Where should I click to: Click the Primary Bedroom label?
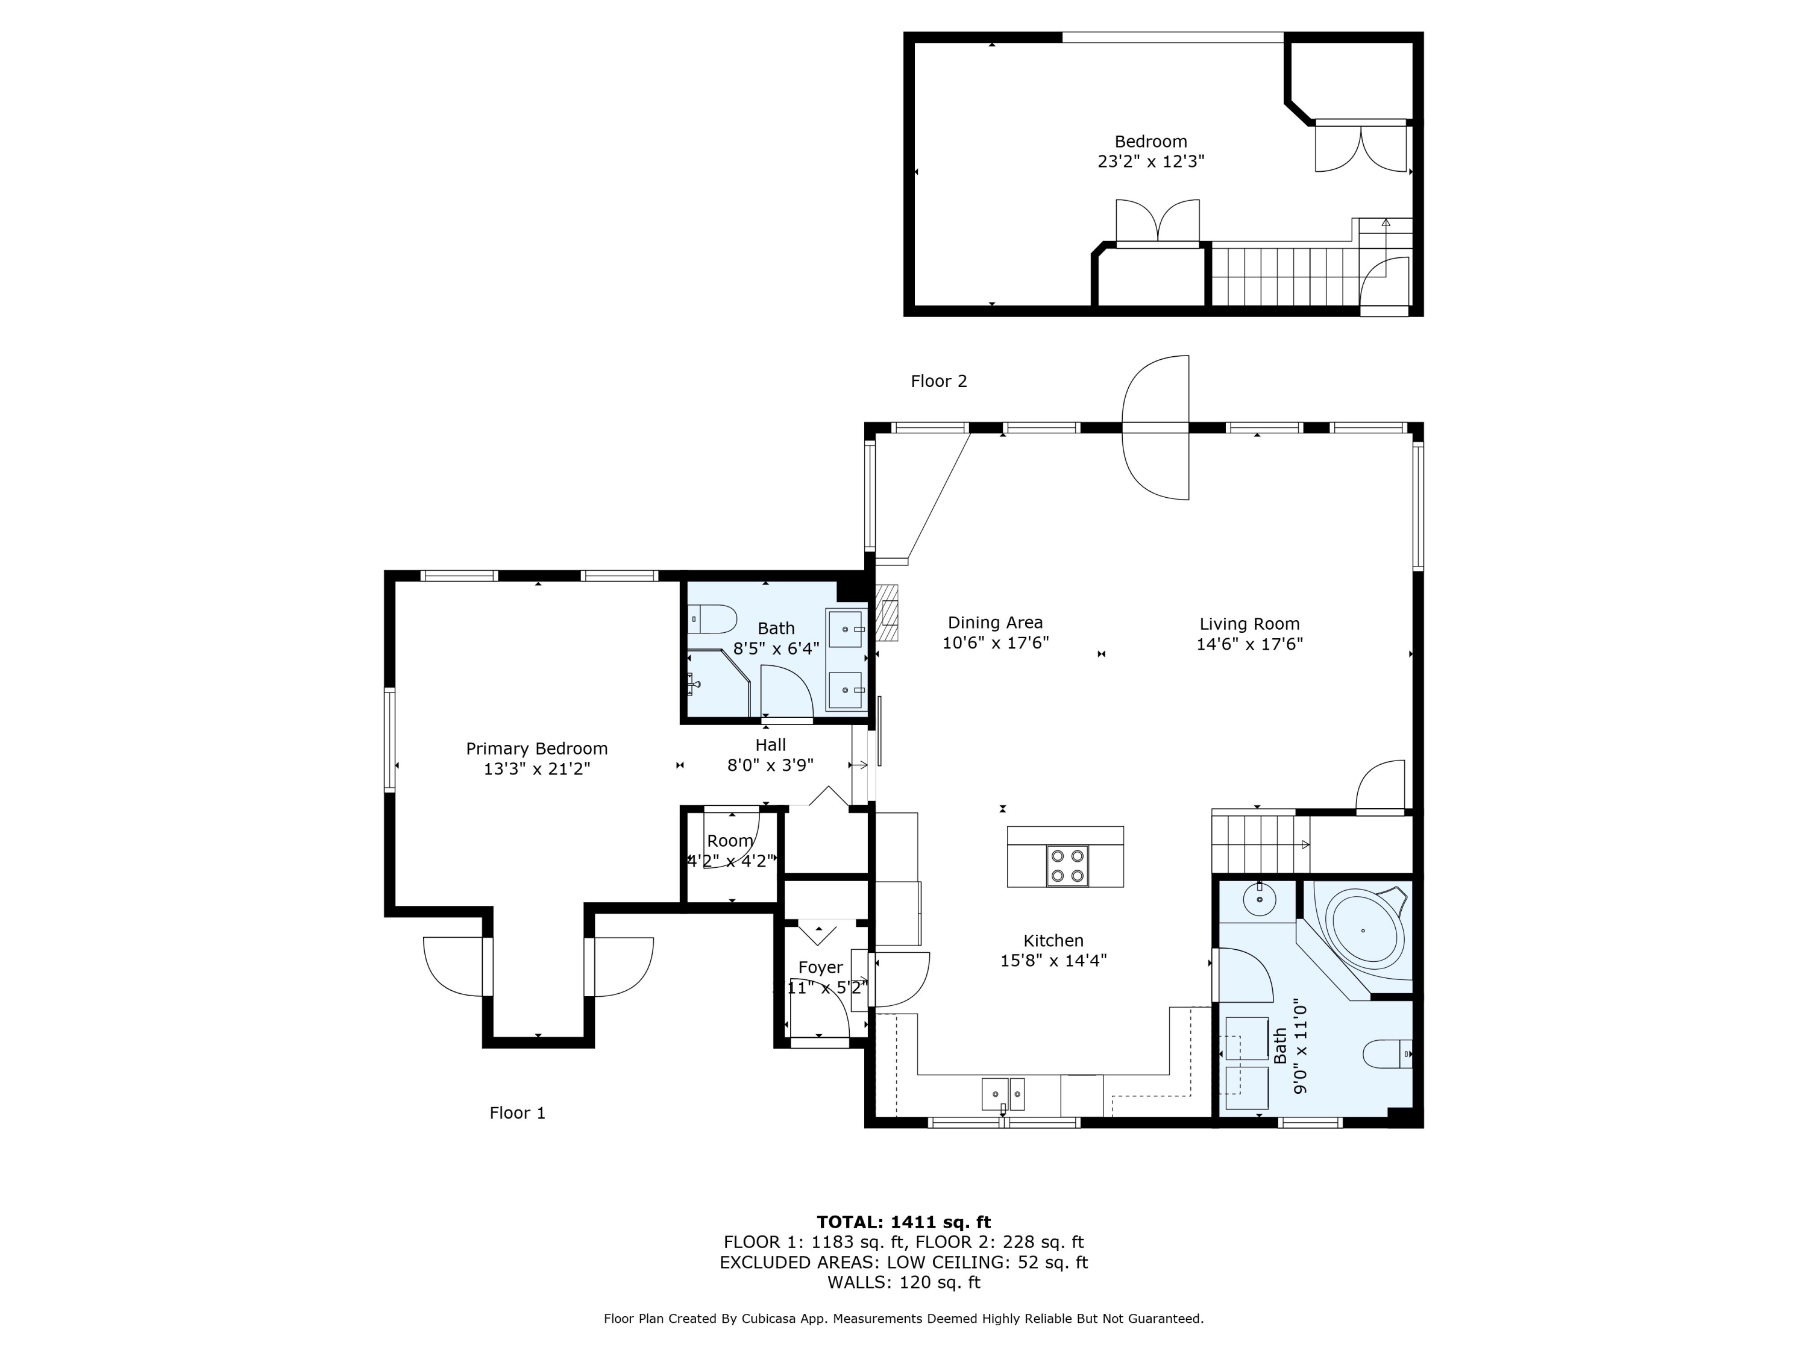point(536,748)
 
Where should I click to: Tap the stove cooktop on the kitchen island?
point(1067,867)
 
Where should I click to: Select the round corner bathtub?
point(1365,929)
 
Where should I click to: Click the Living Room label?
point(1249,624)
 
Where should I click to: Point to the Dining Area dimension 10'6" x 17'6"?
point(996,643)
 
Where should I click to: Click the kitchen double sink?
point(1003,1092)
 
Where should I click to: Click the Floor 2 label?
point(939,381)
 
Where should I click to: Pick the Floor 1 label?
point(517,1113)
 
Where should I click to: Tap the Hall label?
point(771,745)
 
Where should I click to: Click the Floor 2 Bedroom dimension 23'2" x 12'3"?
point(1151,161)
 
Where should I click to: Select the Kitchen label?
point(1053,941)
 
